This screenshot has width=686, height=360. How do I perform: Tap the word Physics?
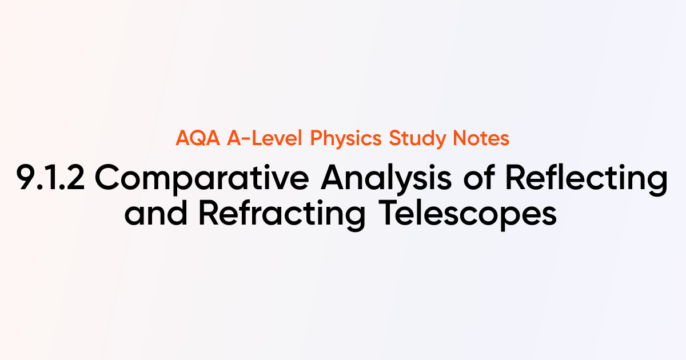[347, 139]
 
